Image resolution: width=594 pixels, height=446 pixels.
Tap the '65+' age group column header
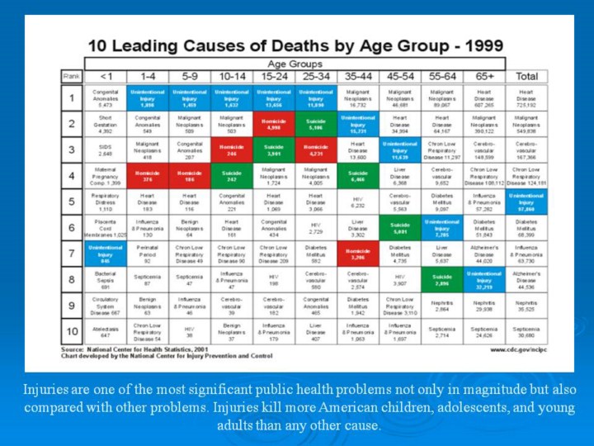point(484,76)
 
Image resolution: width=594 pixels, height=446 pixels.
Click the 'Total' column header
point(526,76)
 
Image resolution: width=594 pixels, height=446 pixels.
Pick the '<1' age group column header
point(106,76)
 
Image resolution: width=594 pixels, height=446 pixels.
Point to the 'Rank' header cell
point(72,76)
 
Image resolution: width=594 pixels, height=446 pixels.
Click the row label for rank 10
point(72,333)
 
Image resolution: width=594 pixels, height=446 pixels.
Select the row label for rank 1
point(72,99)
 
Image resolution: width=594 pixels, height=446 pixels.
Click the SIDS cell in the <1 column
point(106,149)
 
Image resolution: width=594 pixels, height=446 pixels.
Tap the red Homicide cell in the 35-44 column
point(358,253)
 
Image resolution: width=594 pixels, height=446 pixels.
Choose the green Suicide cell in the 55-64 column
point(442,278)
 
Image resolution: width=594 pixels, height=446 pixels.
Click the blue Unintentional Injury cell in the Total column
point(526,202)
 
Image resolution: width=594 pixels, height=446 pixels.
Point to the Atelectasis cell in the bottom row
point(106,333)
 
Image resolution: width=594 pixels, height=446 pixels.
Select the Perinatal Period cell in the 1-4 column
point(148,253)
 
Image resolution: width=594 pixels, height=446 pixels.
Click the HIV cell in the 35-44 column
point(358,202)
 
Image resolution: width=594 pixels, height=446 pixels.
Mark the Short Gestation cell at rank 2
point(106,125)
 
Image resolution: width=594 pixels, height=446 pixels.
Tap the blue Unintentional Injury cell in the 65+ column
point(484,278)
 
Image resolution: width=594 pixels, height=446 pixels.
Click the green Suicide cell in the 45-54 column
point(400,227)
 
